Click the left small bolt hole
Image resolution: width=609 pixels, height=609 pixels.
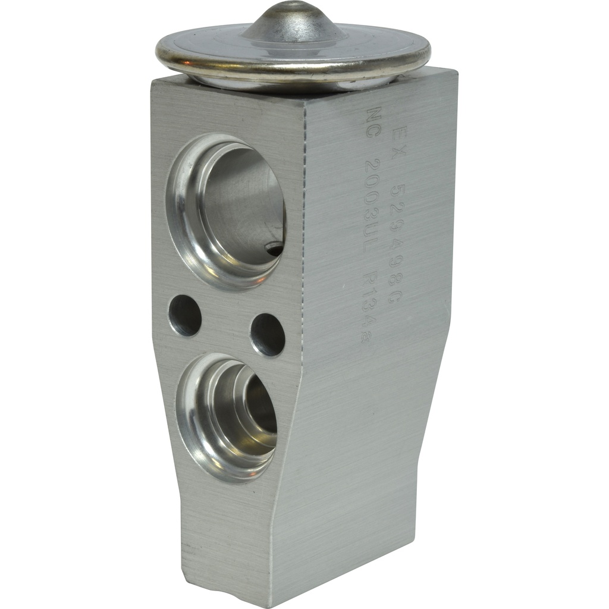pos(184,315)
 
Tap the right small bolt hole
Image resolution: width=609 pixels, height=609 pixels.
pos(267,334)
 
